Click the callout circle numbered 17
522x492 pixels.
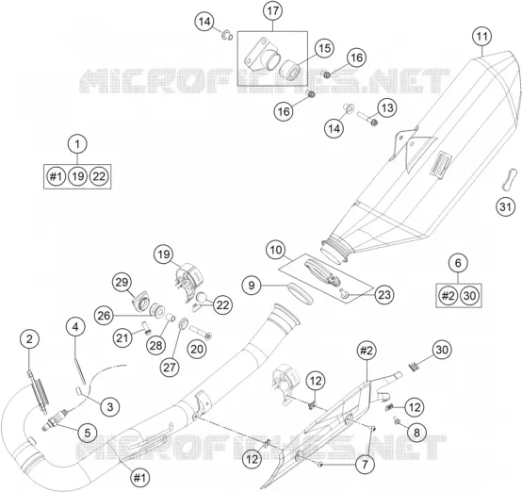pos(272,11)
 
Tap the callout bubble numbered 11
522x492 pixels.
pos(481,37)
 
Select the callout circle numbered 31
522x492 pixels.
pos(505,206)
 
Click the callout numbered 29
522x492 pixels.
pos(122,282)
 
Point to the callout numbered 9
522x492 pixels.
pos(252,286)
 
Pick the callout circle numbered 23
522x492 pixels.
pos(384,294)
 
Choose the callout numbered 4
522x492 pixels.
pos(75,327)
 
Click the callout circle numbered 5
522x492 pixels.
pos(88,433)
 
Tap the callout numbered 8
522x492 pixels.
pos(416,433)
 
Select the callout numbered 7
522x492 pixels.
pos(365,464)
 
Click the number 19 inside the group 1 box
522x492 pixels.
pos(77,176)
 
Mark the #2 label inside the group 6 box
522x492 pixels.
pos(448,295)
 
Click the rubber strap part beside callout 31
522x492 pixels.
pos(509,180)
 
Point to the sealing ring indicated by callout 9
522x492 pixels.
pos(300,293)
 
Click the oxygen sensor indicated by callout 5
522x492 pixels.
pos(54,419)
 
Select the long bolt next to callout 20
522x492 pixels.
pos(200,333)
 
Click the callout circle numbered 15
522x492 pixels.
pos(324,48)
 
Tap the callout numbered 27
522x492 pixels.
pos(170,367)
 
